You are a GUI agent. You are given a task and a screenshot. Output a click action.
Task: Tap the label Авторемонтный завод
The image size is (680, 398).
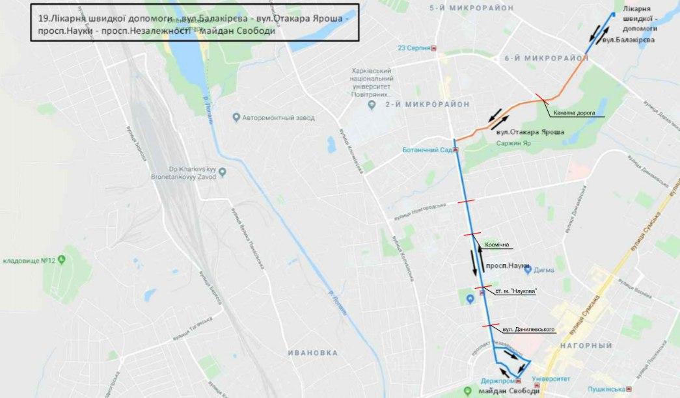click(278, 118)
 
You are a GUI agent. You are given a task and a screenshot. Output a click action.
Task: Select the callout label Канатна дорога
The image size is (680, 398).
click(575, 113)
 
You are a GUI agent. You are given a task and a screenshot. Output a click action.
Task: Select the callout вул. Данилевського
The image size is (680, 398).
click(523, 330)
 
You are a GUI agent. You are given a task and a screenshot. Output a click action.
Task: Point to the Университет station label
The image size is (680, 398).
click(551, 378)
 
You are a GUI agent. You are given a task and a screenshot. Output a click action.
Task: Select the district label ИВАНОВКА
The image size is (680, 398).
click(313, 352)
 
